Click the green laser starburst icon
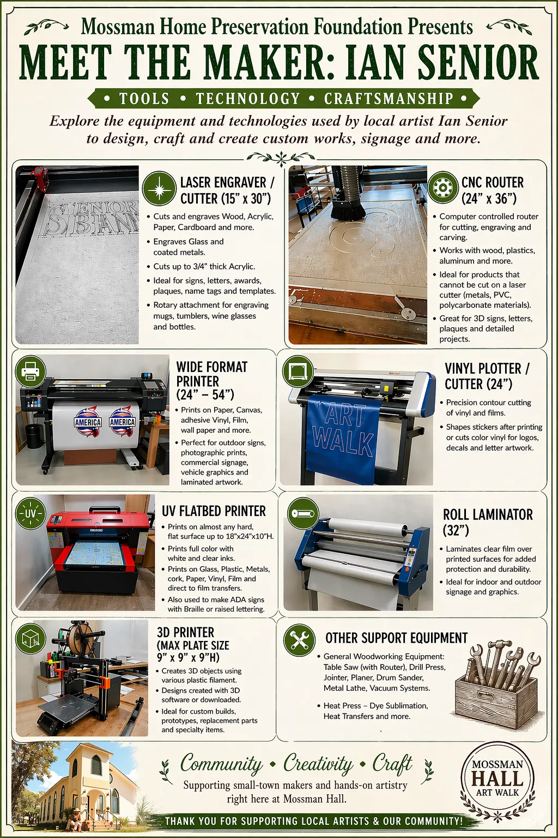159,188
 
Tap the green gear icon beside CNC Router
443,188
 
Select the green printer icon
31,372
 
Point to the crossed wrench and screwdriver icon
299,640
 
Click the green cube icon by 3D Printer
31,638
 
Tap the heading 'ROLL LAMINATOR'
488,515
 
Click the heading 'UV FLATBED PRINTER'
214,511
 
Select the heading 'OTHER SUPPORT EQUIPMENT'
396,638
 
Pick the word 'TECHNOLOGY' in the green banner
248,99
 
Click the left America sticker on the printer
88,422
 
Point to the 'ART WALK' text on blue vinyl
343,432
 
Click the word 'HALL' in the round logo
497,779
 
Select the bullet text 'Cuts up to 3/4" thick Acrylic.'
204,266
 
